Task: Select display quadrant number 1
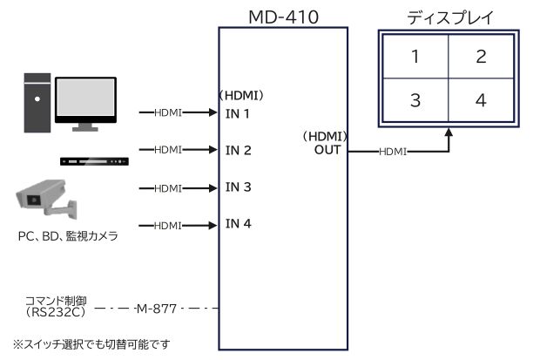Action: click(415, 57)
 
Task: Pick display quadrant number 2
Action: click(481, 57)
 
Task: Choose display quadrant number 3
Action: click(415, 100)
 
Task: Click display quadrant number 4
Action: click(481, 100)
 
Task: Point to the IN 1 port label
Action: click(238, 113)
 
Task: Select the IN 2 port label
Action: click(239, 150)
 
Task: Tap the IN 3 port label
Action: click(239, 187)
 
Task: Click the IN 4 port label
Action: click(239, 224)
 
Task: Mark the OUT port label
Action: click(327, 151)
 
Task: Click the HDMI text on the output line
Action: click(393, 152)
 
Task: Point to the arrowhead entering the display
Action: click(449, 133)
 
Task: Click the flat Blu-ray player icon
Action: click(94, 161)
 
